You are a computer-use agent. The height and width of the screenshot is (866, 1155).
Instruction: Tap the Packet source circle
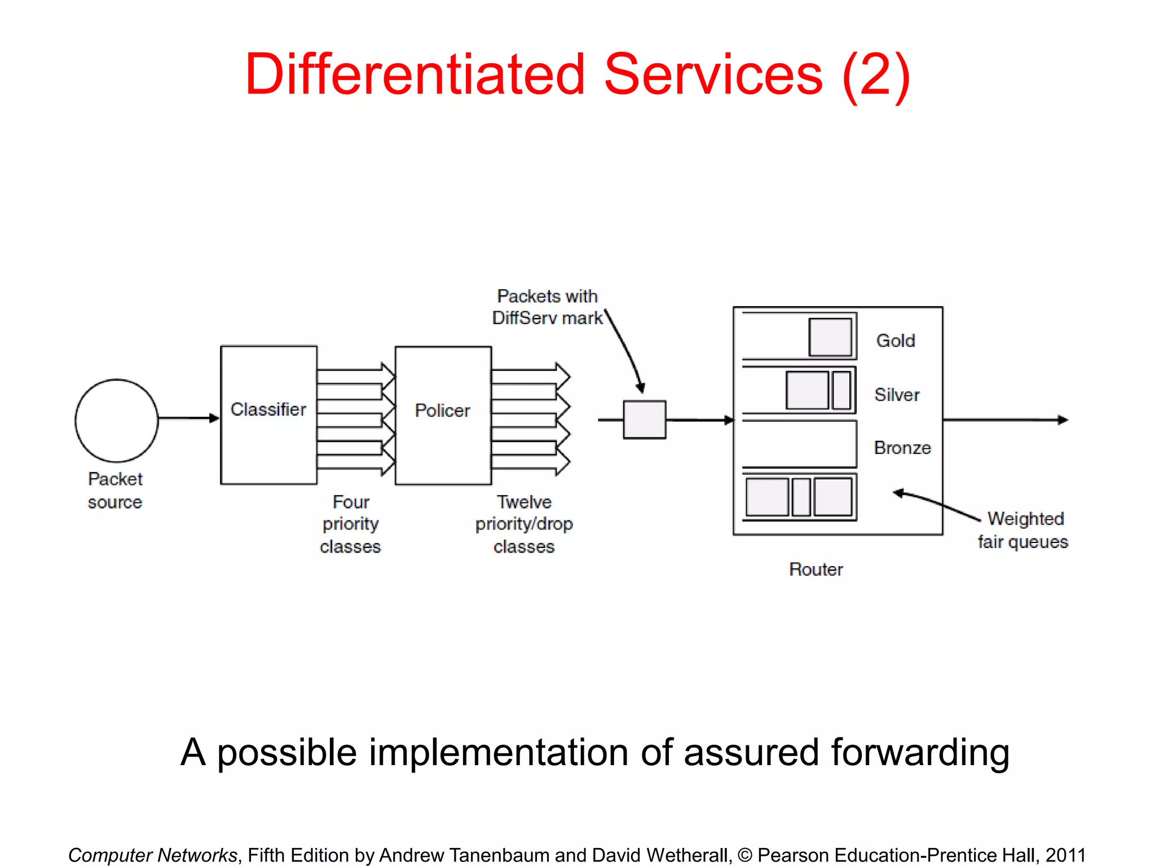point(117,420)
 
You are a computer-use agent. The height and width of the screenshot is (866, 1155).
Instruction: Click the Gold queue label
point(895,341)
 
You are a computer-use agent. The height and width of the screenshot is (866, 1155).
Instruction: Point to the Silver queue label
point(897,395)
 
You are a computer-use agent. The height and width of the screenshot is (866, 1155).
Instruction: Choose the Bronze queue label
point(902,448)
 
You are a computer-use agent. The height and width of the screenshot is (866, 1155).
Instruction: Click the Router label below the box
point(815,569)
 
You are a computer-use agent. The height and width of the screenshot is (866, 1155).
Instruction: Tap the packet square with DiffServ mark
point(644,419)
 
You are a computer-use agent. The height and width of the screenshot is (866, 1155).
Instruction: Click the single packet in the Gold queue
point(830,337)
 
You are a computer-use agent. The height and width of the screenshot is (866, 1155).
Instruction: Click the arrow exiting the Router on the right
point(1004,419)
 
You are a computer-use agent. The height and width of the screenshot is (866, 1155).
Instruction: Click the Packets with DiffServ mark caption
point(547,307)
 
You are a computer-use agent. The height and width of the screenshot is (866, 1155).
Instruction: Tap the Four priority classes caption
point(350,524)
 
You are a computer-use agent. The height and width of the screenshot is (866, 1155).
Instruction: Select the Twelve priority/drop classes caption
point(524,524)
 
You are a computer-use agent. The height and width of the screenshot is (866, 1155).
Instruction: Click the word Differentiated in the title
point(415,74)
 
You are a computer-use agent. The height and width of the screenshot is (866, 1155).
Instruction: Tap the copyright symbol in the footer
point(744,855)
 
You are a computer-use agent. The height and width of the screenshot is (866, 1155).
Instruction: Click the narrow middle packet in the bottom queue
point(801,497)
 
